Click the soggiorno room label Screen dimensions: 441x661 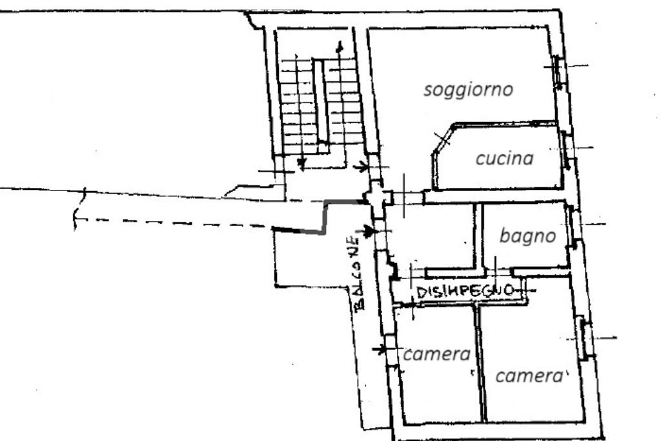point(468,89)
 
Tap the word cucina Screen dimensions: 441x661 point(504,158)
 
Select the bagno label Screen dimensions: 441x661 point(527,236)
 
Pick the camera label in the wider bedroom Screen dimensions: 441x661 point(529,376)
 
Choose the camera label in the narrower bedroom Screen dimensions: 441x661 point(436,354)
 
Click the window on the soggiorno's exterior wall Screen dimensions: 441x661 point(557,72)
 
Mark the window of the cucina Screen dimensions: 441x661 point(566,149)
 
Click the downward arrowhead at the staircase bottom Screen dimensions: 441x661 point(301,166)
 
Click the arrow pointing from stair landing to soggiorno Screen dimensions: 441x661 point(362,167)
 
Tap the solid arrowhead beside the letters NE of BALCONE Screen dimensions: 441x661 point(369,231)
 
